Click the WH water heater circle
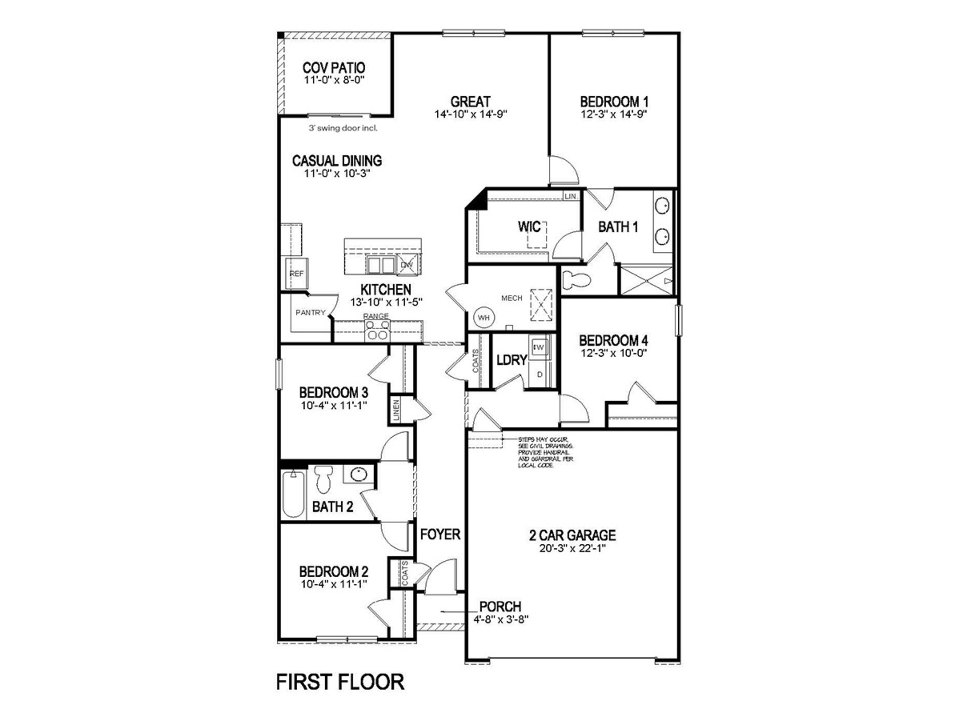[x=483, y=318]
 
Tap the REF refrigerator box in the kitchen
[x=297, y=274]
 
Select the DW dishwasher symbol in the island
[x=407, y=265]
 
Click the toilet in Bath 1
[x=577, y=280]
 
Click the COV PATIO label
[x=333, y=68]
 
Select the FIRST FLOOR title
[x=340, y=682]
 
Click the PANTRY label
[x=310, y=312]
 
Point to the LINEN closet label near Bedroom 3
[x=396, y=410]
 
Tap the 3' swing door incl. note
[x=343, y=128]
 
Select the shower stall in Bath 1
[x=646, y=281]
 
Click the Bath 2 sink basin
[x=358, y=474]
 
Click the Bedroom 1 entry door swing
[x=563, y=171]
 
